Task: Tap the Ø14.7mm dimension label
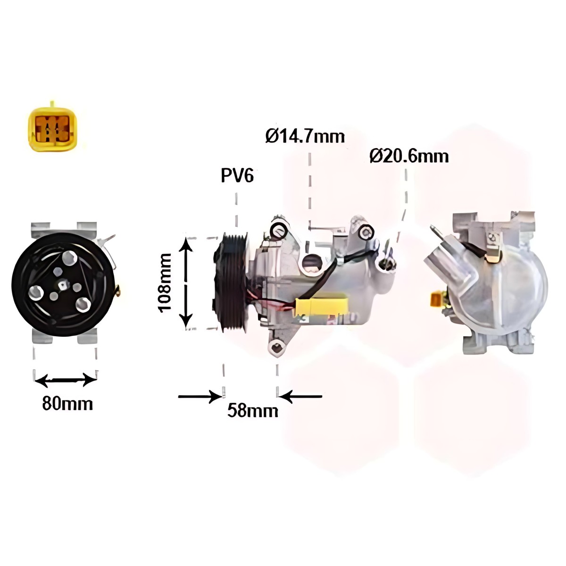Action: pyautogui.click(x=305, y=136)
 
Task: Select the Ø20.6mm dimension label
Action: pyautogui.click(x=409, y=156)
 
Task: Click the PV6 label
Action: pyautogui.click(x=237, y=175)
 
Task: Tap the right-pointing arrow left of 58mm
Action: pyautogui.click(x=200, y=396)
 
